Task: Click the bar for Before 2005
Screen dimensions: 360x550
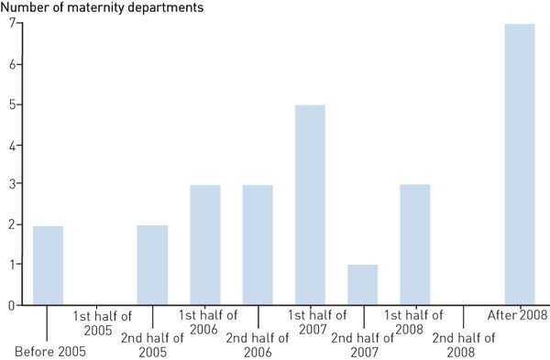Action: pyautogui.click(x=48, y=266)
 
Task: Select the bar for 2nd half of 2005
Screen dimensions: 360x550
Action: pyautogui.click(x=152, y=266)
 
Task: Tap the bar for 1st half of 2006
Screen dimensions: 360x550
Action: pyautogui.click(x=205, y=245)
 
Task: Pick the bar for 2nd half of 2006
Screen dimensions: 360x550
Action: pyautogui.click(x=258, y=245)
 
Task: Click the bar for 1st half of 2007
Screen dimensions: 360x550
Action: pyautogui.click(x=310, y=205)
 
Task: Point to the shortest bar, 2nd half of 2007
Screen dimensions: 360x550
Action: pyautogui.click(x=362, y=285)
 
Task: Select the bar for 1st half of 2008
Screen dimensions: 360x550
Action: pyautogui.click(x=414, y=245)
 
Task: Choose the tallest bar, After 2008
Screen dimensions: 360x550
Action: pyautogui.click(x=520, y=165)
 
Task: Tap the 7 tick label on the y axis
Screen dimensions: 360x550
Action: pyautogui.click(x=13, y=25)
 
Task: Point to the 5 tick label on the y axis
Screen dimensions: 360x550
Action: pyautogui.click(x=13, y=105)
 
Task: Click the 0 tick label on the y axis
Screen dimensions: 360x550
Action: pyautogui.click(x=13, y=306)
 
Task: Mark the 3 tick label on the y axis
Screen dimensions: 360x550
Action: pyautogui.click(x=13, y=185)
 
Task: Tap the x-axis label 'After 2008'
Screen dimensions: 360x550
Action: pyautogui.click(x=518, y=316)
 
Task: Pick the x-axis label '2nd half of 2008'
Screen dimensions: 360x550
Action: pyautogui.click(x=463, y=344)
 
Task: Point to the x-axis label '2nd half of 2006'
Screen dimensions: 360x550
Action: pyautogui.click(x=258, y=344)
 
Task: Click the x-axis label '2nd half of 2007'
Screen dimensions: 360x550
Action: pyautogui.click(x=362, y=344)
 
